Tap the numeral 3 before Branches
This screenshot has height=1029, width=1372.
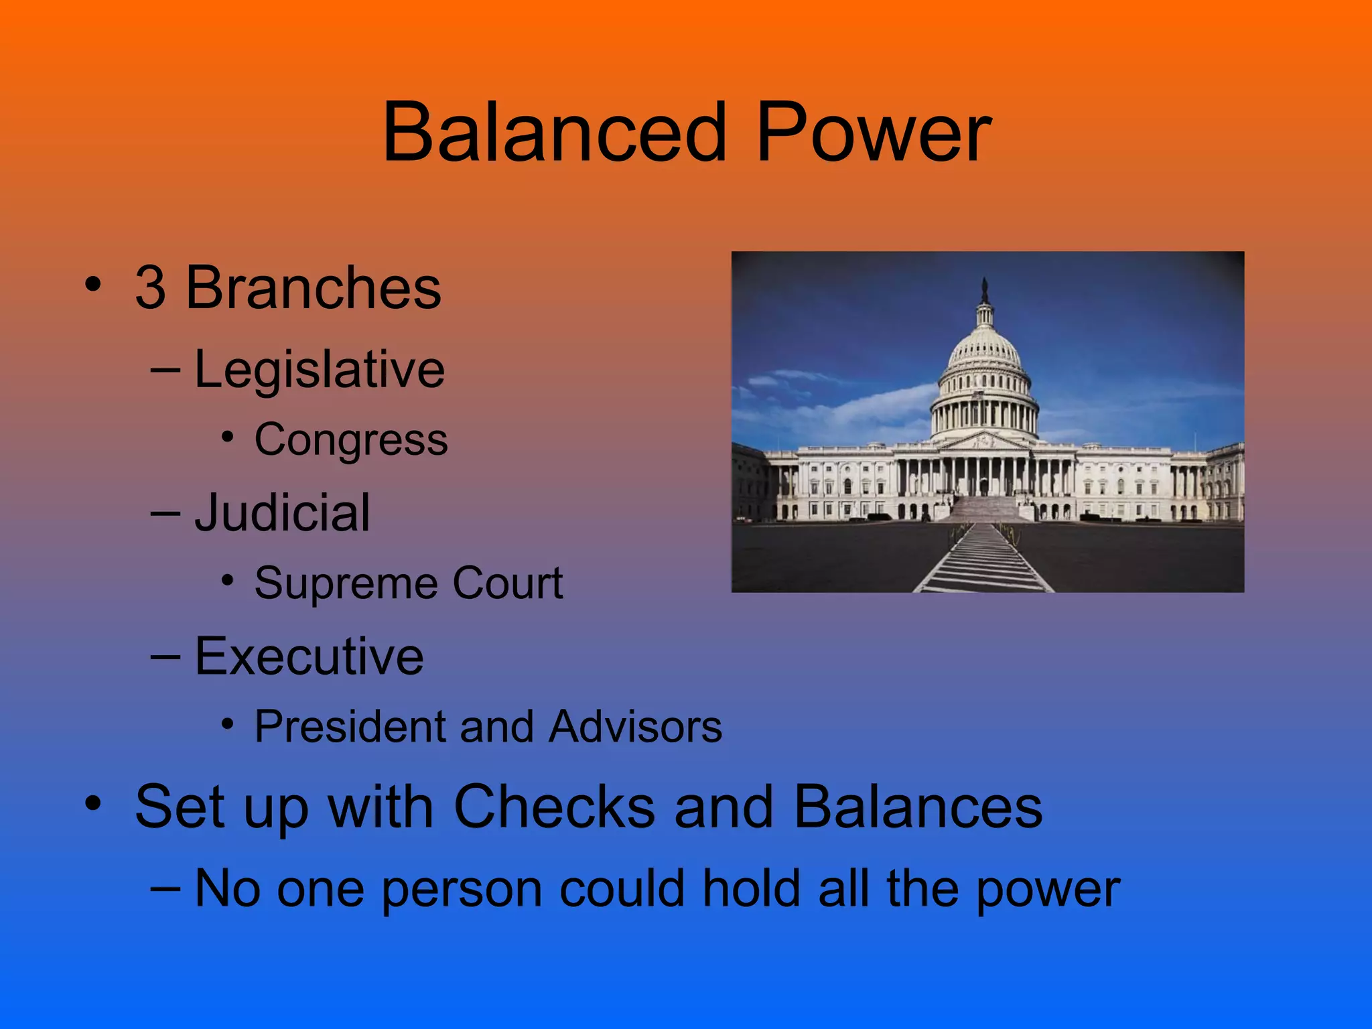point(150,288)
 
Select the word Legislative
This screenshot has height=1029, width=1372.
point(320,370)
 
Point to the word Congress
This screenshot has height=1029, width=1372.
point(351,440)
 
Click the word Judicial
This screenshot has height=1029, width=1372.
point(282,513)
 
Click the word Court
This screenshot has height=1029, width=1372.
point(508,583)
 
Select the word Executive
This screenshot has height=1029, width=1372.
point(309,657)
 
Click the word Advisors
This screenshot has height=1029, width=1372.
point(635,726)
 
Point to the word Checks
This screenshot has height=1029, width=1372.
point(554,807)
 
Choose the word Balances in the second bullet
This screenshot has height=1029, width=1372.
point(918,807)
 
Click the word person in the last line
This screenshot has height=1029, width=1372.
point(462,890)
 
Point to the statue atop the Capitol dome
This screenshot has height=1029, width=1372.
point(984,290)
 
